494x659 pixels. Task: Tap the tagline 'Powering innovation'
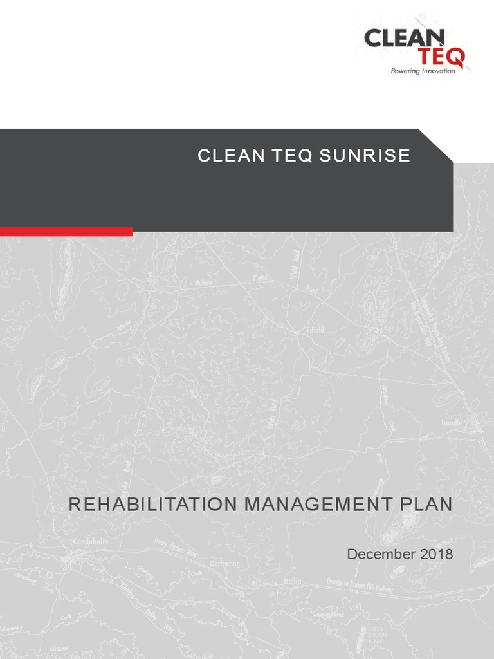pos(423,71)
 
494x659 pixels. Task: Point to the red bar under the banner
pos(66,231)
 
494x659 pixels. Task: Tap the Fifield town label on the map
pos(314,330)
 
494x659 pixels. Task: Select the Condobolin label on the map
pos(91,542)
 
